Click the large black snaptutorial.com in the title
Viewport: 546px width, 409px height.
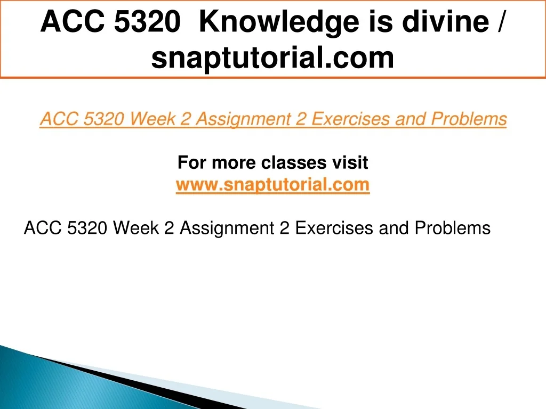[272, 58]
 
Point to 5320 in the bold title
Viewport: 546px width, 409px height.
[147, 21]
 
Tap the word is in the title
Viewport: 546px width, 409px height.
[380, 21]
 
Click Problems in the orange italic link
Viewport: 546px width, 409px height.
[469, 119]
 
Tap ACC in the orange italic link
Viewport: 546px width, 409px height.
[59, 119]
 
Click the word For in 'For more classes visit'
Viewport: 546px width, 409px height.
[192, 162]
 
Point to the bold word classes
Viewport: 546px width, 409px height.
[294, 162]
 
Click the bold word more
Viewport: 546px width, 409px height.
[234, 163]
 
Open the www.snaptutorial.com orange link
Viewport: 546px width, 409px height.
[272, 185]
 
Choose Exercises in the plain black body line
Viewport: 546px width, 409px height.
[334, 228]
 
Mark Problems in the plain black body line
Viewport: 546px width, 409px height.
[452, 228]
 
